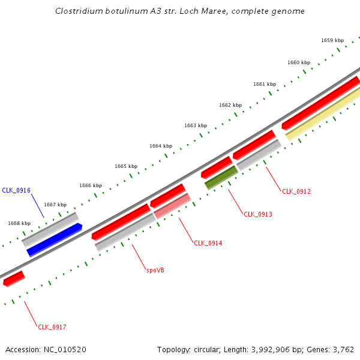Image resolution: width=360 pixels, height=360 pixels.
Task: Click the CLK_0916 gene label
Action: [x=16, y=190]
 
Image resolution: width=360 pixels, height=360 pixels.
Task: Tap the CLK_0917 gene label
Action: [x=52, y=327]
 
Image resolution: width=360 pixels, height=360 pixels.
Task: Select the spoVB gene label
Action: [x=155, y=270]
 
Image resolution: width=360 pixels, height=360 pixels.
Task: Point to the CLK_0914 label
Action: [x=208, y=243]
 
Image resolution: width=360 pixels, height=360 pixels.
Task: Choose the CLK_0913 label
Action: [x=258, y=214]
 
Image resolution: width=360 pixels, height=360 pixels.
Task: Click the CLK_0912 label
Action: [x=296, y=191]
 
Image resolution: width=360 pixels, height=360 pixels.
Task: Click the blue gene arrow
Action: [x=55, y=239]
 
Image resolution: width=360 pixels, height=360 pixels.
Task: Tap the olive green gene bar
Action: [x=221, y=178]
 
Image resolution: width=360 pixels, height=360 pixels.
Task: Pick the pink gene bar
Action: [x=172, y=206]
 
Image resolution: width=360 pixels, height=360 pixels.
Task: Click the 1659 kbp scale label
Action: [x=332, y=40]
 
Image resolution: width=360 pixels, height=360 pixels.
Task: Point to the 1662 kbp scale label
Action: [x=230, y=105]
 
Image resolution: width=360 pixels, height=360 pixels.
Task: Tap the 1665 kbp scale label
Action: [x=126, y=166]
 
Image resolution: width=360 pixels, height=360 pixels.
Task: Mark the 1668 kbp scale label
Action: [x=19, y=223]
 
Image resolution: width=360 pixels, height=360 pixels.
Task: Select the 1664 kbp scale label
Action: [x=161, y=146]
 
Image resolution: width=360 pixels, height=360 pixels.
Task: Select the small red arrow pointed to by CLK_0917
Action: [x=14, y=278]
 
